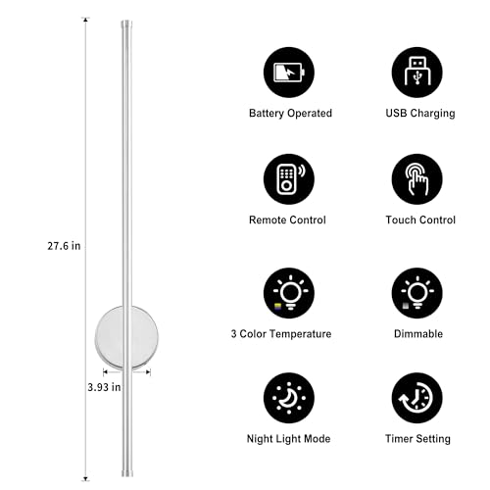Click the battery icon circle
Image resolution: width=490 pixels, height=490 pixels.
coord(289,73)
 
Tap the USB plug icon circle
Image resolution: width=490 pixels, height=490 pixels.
coord(417,73)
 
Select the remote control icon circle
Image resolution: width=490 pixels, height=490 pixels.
coord(289,179)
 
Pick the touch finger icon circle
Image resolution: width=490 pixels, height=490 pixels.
coord(417,179)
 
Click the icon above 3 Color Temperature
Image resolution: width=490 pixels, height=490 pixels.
coord(289,293)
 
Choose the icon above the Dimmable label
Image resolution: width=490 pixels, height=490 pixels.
coord(417,293)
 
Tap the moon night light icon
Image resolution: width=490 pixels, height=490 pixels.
coord(289,398)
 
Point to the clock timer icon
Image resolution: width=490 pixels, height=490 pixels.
coord(417,398)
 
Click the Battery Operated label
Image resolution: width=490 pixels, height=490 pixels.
coord(290,114)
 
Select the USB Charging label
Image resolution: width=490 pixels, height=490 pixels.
coord(420,114)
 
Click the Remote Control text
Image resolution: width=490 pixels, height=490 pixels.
coord(287,220)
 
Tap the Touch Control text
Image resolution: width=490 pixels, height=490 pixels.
coord(420,220)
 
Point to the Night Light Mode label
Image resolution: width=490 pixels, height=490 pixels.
coord(288,439)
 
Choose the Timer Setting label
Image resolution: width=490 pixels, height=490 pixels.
coord(417,439)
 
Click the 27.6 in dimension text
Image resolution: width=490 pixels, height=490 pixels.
coord(64,246)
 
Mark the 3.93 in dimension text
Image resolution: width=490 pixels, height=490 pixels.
coord(104,387)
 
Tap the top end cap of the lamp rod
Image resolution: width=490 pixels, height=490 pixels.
coord(126,24)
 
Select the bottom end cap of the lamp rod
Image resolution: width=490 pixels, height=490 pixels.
coord(127,473)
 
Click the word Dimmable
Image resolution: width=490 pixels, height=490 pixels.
coord(418,334)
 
